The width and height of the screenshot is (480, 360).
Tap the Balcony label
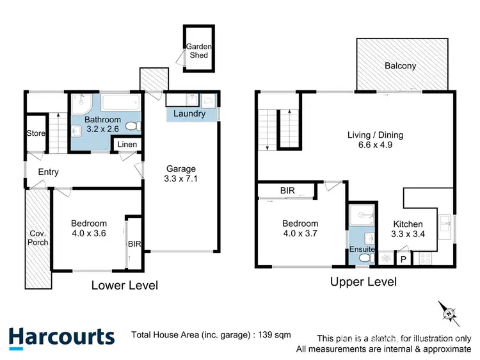(401, 66)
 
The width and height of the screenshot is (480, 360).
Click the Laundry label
(190, 114)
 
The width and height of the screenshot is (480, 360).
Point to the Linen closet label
(127, 145)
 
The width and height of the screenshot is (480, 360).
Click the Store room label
(35, 133)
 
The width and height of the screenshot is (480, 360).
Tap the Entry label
(49, 172)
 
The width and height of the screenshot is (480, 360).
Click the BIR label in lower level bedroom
(134, 243)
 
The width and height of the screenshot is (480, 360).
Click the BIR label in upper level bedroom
(287, 190)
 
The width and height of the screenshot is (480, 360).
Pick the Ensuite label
(362, 249)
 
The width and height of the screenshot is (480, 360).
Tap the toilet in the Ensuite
(365, 258)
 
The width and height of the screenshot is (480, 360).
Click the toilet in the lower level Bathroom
(132, 126)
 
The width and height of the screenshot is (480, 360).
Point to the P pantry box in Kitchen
(403, 259)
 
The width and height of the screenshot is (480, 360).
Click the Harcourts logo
(61, 337)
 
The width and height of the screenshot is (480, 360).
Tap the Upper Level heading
(363, 281)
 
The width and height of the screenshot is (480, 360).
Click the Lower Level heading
(124, 285)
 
